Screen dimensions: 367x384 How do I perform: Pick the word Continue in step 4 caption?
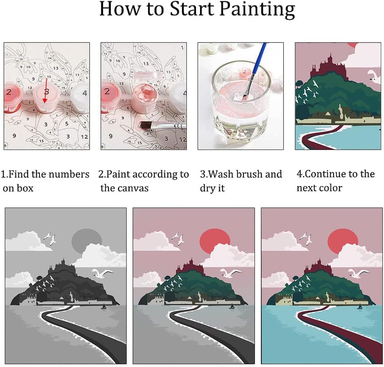coord(325,174)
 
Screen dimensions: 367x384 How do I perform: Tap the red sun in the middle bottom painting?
coord(215,241)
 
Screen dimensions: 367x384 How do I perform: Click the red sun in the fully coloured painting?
coord(343,241)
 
